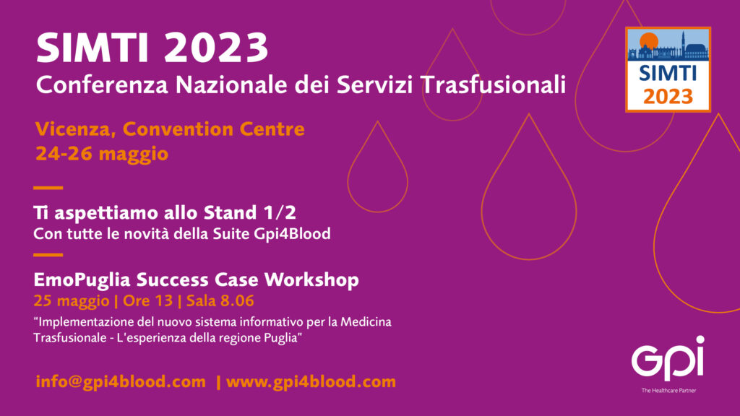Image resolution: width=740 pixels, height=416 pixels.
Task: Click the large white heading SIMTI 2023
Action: click(x=152, y=48)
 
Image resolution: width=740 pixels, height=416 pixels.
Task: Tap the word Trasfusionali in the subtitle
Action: click(x=493, y=85)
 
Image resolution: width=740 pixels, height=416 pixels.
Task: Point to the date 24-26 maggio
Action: click(x=102, y=154)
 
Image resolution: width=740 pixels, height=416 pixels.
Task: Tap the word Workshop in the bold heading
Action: click(x=311, y=279)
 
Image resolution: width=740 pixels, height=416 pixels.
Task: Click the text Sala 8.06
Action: click(x=220, y=301)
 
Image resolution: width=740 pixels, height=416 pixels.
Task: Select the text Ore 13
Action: click(x=147, y=301)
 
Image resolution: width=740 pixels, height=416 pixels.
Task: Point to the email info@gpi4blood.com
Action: click(x=121, y=381)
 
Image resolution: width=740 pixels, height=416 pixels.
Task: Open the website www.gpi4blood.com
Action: click(x=311, y=381)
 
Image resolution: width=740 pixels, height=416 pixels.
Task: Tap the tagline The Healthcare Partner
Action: click(x=668, y=391)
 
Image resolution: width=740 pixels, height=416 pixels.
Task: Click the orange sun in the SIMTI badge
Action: click(x=649, y=41)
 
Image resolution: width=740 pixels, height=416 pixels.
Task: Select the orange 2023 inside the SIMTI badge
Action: click(x=668, y=97)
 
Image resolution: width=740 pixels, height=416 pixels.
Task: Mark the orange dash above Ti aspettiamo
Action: click(x=48, y=188)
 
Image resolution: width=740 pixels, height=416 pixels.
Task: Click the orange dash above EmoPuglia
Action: click(x=48, y=255)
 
